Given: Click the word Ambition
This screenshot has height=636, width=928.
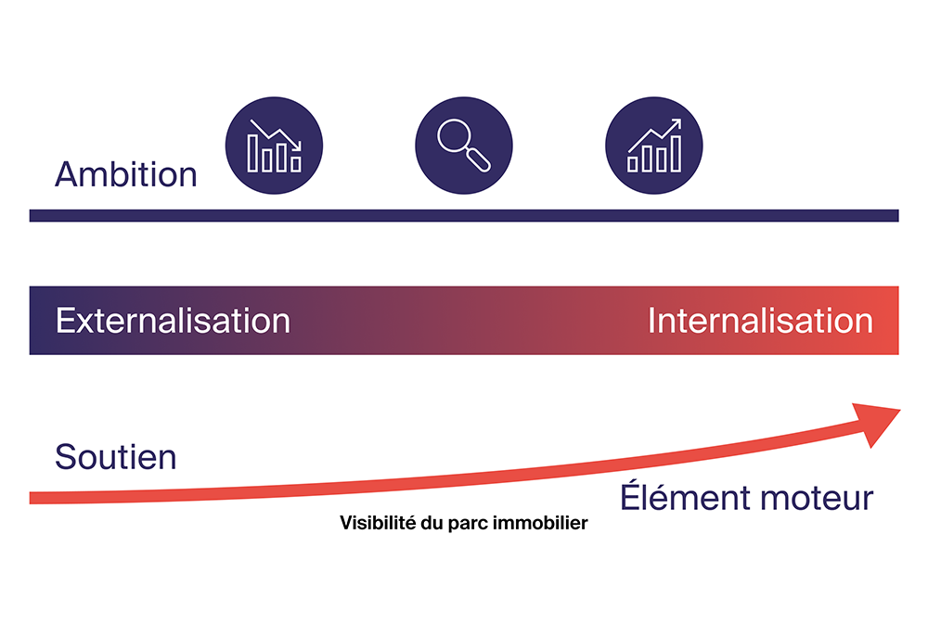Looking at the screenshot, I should click(125, 174).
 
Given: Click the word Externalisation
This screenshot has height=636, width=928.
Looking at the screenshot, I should click(173, 321).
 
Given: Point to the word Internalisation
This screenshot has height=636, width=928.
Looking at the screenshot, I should click(760, 321).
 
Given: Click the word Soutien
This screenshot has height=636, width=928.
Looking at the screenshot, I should click(116, 456).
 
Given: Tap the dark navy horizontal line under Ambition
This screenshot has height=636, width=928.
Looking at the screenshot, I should click(464, 215).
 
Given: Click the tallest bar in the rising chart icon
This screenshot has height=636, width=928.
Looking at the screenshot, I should click(676, 154).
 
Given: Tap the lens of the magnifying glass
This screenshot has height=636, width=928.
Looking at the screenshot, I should click(455, 136).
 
